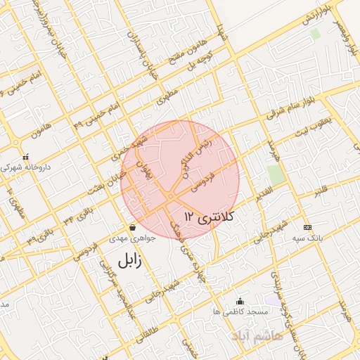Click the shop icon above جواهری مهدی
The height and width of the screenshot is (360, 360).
point(133,227)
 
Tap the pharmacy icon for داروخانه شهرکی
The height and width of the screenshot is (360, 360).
point(25,157)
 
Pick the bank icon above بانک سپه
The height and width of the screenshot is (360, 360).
point(308,227)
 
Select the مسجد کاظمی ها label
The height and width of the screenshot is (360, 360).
point(241,310)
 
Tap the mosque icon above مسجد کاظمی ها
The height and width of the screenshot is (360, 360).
point(241,300)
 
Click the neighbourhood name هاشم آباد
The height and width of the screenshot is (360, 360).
point(302,337)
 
